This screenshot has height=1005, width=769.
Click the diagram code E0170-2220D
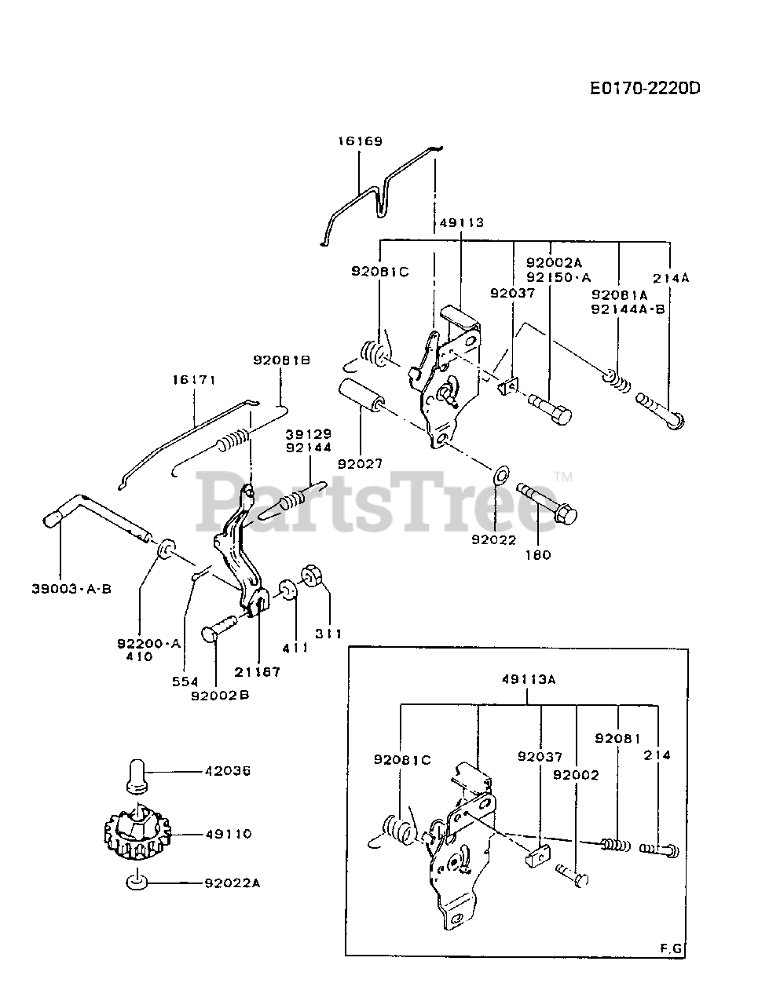point(645,88)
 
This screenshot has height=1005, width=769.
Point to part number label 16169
point(361,142)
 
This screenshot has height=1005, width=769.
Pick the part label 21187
point(257,672)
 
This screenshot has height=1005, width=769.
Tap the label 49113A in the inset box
point(529,680)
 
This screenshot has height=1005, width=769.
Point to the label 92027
point(361,464)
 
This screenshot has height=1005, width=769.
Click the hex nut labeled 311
point(314,577)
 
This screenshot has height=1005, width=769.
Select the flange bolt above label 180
point(547,503)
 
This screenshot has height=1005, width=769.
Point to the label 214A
point(670,277)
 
